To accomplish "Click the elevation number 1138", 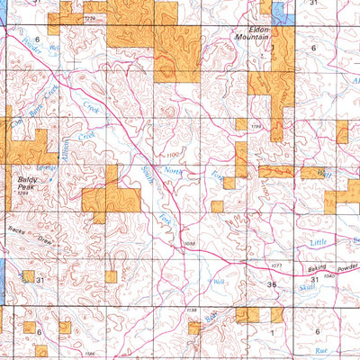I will (191, 310).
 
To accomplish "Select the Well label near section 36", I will (219, 282).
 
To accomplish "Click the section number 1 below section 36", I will (271, 332).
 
